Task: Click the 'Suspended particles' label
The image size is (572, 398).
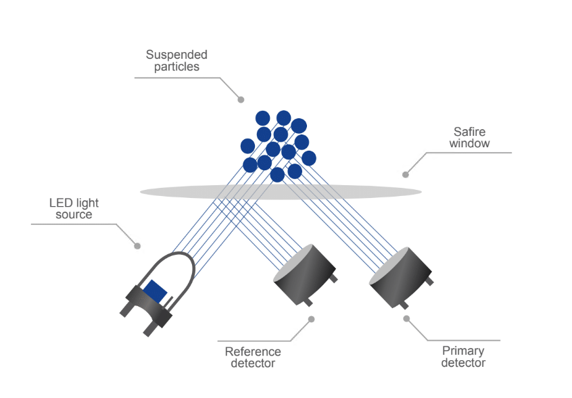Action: tap(176, 60)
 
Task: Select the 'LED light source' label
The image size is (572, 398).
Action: tap(74, 209)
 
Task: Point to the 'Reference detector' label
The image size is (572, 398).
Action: tap(253, 357)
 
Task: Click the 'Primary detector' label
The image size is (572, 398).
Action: tap(463, 357)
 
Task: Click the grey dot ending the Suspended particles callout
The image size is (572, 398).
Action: tap(241, 99)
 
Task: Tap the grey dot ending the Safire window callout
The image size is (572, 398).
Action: tap(406, 174)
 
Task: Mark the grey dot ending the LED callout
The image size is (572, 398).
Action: tap(137, 246)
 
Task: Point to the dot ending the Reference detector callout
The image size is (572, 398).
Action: tap(311, 319)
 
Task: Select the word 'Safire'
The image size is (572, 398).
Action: tap(469, 132)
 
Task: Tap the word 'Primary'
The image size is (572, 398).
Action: tap(463, 351)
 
